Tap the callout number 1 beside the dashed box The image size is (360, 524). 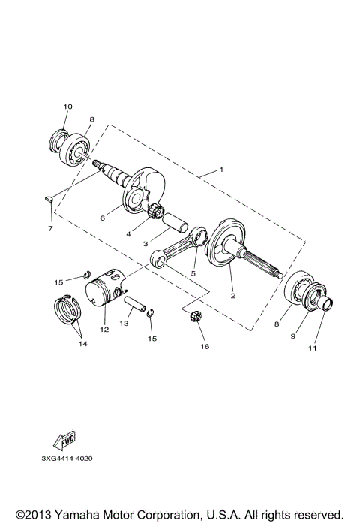tap(220, 170)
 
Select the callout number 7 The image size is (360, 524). tap(50, 227)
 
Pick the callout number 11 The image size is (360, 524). tap(313, 348)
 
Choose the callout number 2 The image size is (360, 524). tap(233, 296)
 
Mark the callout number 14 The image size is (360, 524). tap(83, 343)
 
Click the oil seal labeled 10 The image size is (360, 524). tap(58, 140)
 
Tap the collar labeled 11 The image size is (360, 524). tap(328, 306)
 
